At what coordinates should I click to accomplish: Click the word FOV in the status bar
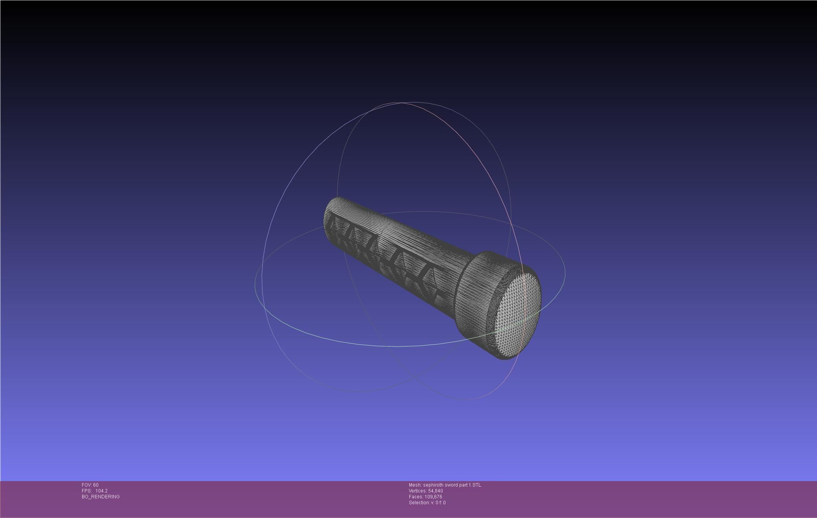pyautogui.click(x=86, y=485)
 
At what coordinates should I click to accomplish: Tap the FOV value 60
pyautogui.click(x=96, y=485)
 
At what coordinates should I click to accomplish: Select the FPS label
pyautogui.click(x=86, y=491)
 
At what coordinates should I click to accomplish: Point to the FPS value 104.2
pyautogui.click(x=101, y=491)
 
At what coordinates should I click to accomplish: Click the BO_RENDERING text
pyautogui.click(x=101, y=497)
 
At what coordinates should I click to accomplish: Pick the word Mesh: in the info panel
pyautogui.click(x=415, y=485)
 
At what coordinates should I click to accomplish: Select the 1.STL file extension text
pyautogui.click(x=474, y=485)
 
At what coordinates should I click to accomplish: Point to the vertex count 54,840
pyautogui.click(x=435, y=491)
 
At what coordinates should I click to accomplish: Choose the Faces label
pyautogui.click(x=416, y=497)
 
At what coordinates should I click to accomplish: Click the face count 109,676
pyautogui.click(x=433, y=497)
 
